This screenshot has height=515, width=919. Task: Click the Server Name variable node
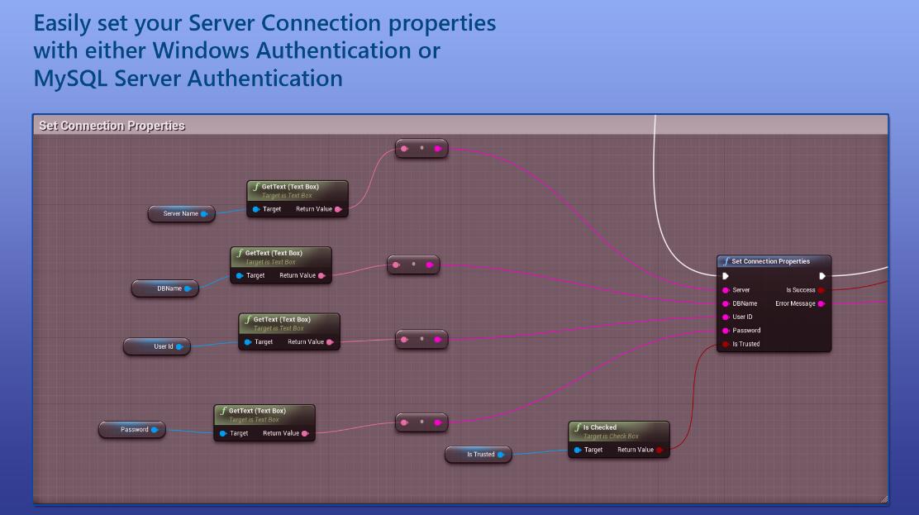[x=182, y=213]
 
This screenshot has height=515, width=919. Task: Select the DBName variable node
[x=165, y=288]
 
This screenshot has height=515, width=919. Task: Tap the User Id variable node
[x=157, y=346]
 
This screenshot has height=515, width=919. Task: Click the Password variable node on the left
[x=132, y=429]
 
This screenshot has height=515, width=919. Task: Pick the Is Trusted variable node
[x=479, y=455]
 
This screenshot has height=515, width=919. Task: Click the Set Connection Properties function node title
[x=771, y=261]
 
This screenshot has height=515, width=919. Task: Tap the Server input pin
[x=726, y=290]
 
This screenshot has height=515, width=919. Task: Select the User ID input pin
[x=726, y=317]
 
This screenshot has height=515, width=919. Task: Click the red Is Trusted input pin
[x=726, y=345]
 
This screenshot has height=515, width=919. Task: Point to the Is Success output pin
[x=821, y=290]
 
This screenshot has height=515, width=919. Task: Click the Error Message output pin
[x=821, y=304]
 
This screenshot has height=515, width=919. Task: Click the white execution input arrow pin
[x=726, y=276]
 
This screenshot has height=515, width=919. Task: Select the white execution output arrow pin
[x=822, y=276]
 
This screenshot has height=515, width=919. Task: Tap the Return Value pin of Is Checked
[x=659, y=450]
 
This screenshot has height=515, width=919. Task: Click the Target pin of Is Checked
[x=578, y=450]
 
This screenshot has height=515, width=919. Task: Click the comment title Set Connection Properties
[x=112, y=126]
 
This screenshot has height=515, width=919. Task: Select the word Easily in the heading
[x=62, y=23]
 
